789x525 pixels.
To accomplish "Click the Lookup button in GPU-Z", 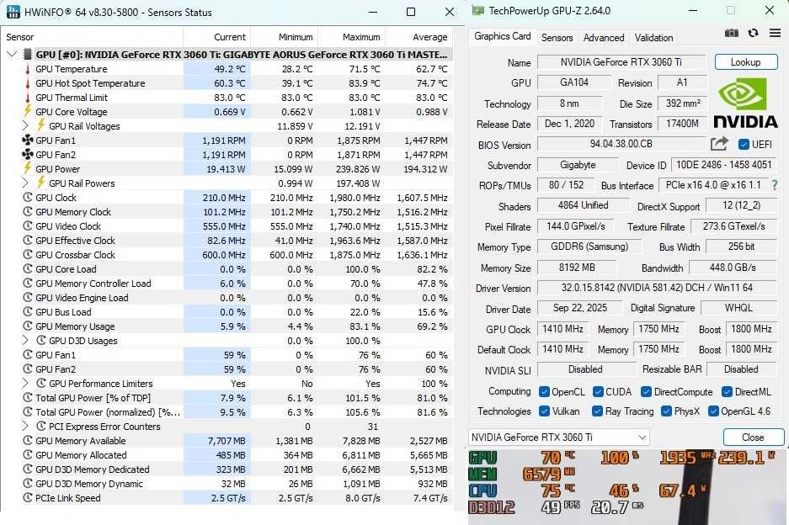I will click(745, 62).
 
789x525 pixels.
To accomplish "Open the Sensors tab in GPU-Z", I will click(557, 38).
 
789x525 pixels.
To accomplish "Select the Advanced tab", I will click(604, 38).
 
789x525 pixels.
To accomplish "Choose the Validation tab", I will click(653, 38).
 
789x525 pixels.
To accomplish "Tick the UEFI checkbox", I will click(744, 145).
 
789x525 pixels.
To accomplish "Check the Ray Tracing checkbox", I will click(597, 411).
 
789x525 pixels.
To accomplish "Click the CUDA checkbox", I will click(598, 391).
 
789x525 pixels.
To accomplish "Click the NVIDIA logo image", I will click(745, 103).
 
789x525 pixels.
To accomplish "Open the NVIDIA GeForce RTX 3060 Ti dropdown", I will click(558, 437).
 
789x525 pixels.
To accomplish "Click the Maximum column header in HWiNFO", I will click(361, 37).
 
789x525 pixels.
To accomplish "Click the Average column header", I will click(429, 37).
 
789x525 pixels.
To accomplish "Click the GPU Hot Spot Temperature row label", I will click(90, 83).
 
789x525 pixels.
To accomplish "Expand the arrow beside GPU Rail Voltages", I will click(26, 126).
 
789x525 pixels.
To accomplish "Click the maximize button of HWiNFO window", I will click(411, 13).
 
